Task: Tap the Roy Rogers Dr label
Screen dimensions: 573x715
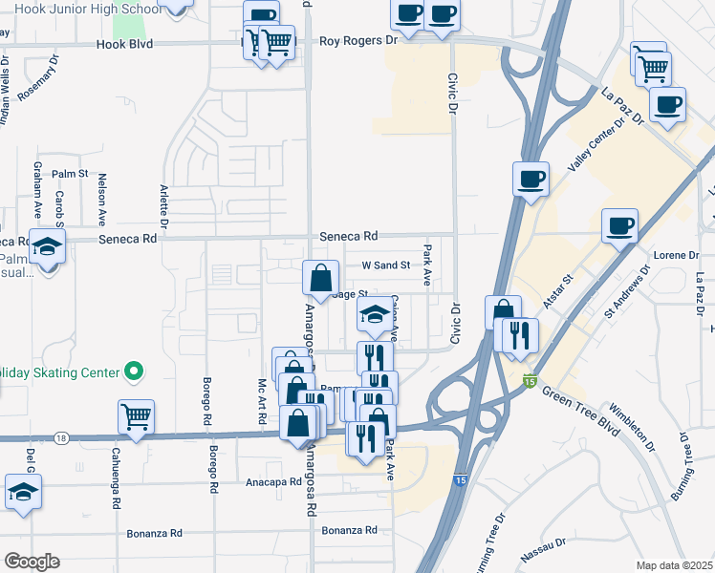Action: click(357, 41)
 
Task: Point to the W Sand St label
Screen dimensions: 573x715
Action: click(384, 265)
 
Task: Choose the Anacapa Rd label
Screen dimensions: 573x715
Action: click(272, 482)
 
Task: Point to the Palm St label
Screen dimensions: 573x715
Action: click(70, 174)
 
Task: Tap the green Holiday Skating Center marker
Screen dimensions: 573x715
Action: click(136, 371)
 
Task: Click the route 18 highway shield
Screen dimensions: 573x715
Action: click(62, 437)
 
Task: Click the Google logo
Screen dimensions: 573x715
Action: click(31, 562)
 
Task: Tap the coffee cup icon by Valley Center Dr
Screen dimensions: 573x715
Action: click(531, 178)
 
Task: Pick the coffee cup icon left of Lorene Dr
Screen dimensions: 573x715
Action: click(620, 225)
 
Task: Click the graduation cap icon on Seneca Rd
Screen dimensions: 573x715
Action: click(47, 246)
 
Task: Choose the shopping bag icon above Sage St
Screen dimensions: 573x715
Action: click(321, 278)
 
